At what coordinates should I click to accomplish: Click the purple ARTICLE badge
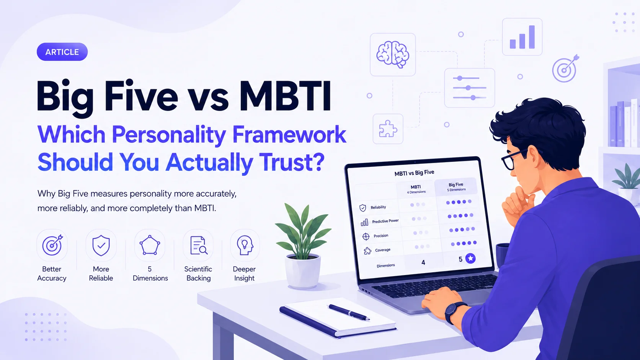pos(62,52)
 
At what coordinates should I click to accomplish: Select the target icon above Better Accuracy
pos(52,245)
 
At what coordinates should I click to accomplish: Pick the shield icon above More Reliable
pos(101,245)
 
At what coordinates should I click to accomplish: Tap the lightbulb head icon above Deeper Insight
pos(245,245)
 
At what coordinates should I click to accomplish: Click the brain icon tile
pos(393,55)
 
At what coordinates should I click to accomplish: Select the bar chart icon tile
pos(522,37)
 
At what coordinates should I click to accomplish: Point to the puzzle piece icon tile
pos(388,129)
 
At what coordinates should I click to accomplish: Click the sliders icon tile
pos(469,88)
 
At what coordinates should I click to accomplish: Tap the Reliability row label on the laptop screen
pos(378,207)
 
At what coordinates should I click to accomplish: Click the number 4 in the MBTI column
pos(423,262)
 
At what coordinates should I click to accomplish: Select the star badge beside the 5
pos(470,258)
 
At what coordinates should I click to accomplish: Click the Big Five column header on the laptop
pos(456,187)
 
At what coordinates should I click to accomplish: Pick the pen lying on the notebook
pos(349,312)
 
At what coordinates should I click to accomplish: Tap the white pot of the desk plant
pos(302,272)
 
